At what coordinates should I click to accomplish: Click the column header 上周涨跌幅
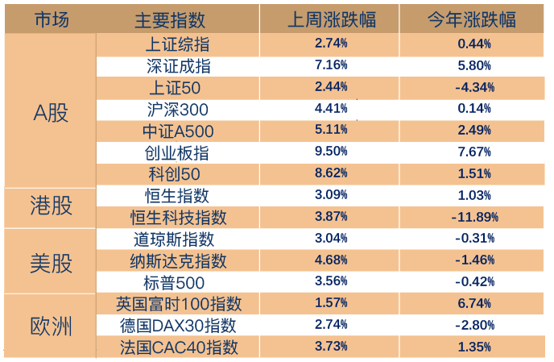tap(332, 19)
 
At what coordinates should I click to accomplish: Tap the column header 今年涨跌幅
tap(472, 19)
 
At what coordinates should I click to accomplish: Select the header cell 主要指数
tap(170, 20)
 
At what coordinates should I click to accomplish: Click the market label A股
tap(51, 113)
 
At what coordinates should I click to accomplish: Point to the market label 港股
tap(51, 206)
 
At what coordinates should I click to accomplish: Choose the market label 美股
tap(51, 264)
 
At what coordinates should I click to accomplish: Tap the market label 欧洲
tap(51, 326)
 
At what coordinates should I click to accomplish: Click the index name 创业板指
tap(176, 153)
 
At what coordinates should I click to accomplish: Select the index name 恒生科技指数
tap(179, 217)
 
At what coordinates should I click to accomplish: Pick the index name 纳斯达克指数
tap(179, 261)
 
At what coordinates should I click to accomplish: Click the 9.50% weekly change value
tap(331, 151)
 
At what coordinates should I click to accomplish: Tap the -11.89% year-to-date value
tap(474, 217)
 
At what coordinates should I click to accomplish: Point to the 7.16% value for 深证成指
tap(331, 64)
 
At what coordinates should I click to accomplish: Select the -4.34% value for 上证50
tap(474, 87)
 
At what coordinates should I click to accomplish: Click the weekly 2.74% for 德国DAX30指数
tap(331, 324)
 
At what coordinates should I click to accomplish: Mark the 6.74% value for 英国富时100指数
tap(474, 303)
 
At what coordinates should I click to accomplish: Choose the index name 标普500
tap(174, 283)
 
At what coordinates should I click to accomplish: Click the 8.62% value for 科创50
tap(331, 173)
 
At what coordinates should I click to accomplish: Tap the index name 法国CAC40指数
tap(179, 347)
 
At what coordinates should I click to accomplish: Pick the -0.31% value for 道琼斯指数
tap(474, 238)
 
